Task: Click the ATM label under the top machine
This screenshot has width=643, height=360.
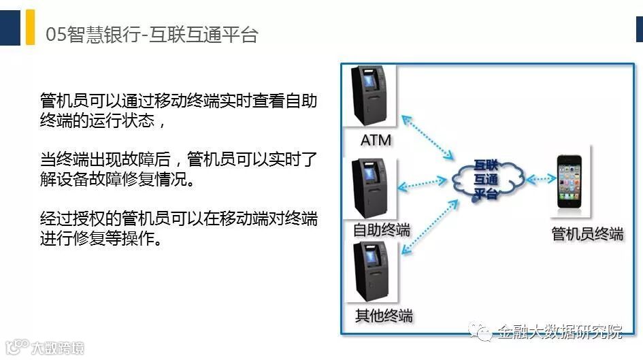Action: tap(376, 141)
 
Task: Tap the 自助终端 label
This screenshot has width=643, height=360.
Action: tap(382, 229)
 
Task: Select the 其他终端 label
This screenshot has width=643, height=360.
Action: tap(384, 316)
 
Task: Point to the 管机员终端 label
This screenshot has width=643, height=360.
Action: tap(587, 234)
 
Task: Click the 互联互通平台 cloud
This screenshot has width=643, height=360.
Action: tap(485, 179)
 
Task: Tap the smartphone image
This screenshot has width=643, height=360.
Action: tap(570, 180)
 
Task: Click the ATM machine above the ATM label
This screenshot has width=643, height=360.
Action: tap(368, 96)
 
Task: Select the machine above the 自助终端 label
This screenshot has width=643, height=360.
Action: tap(368, 188)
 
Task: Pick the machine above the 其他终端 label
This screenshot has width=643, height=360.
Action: tap(368, 272)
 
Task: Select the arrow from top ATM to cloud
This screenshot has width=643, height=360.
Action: tap(427, 137)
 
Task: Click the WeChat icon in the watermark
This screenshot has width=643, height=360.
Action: tap(481, 331)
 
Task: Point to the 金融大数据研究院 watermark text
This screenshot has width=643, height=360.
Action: tap(559, 332)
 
